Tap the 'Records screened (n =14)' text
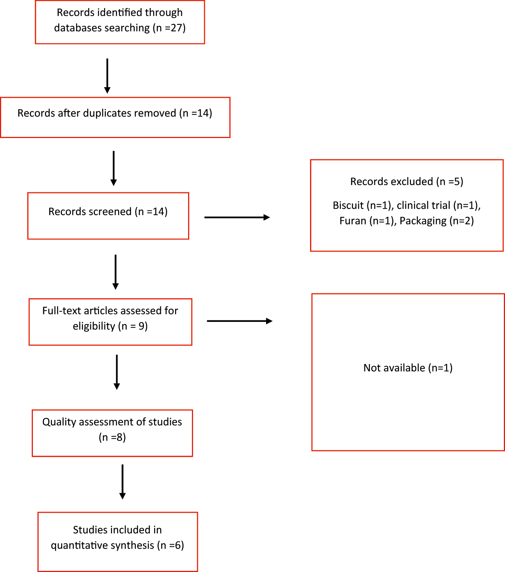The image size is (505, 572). [108, 212]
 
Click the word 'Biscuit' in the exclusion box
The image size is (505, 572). [348, 206]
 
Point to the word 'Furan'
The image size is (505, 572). [352, 221]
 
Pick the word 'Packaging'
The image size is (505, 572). [423, 221]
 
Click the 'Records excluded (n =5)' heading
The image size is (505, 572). [407, 182]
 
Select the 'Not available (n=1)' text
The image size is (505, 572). [408, 368]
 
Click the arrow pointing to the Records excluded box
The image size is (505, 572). [237, 218]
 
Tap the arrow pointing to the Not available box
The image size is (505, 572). [239, 321]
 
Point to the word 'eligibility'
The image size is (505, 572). [94, 326]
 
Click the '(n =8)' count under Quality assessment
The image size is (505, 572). [112, 437]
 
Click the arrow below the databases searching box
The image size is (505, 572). [107, 76]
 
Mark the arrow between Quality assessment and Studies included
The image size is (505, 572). [122, 482]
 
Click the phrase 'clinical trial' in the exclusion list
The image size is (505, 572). [424, 206]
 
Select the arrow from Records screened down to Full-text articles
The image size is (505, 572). [115, 272]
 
